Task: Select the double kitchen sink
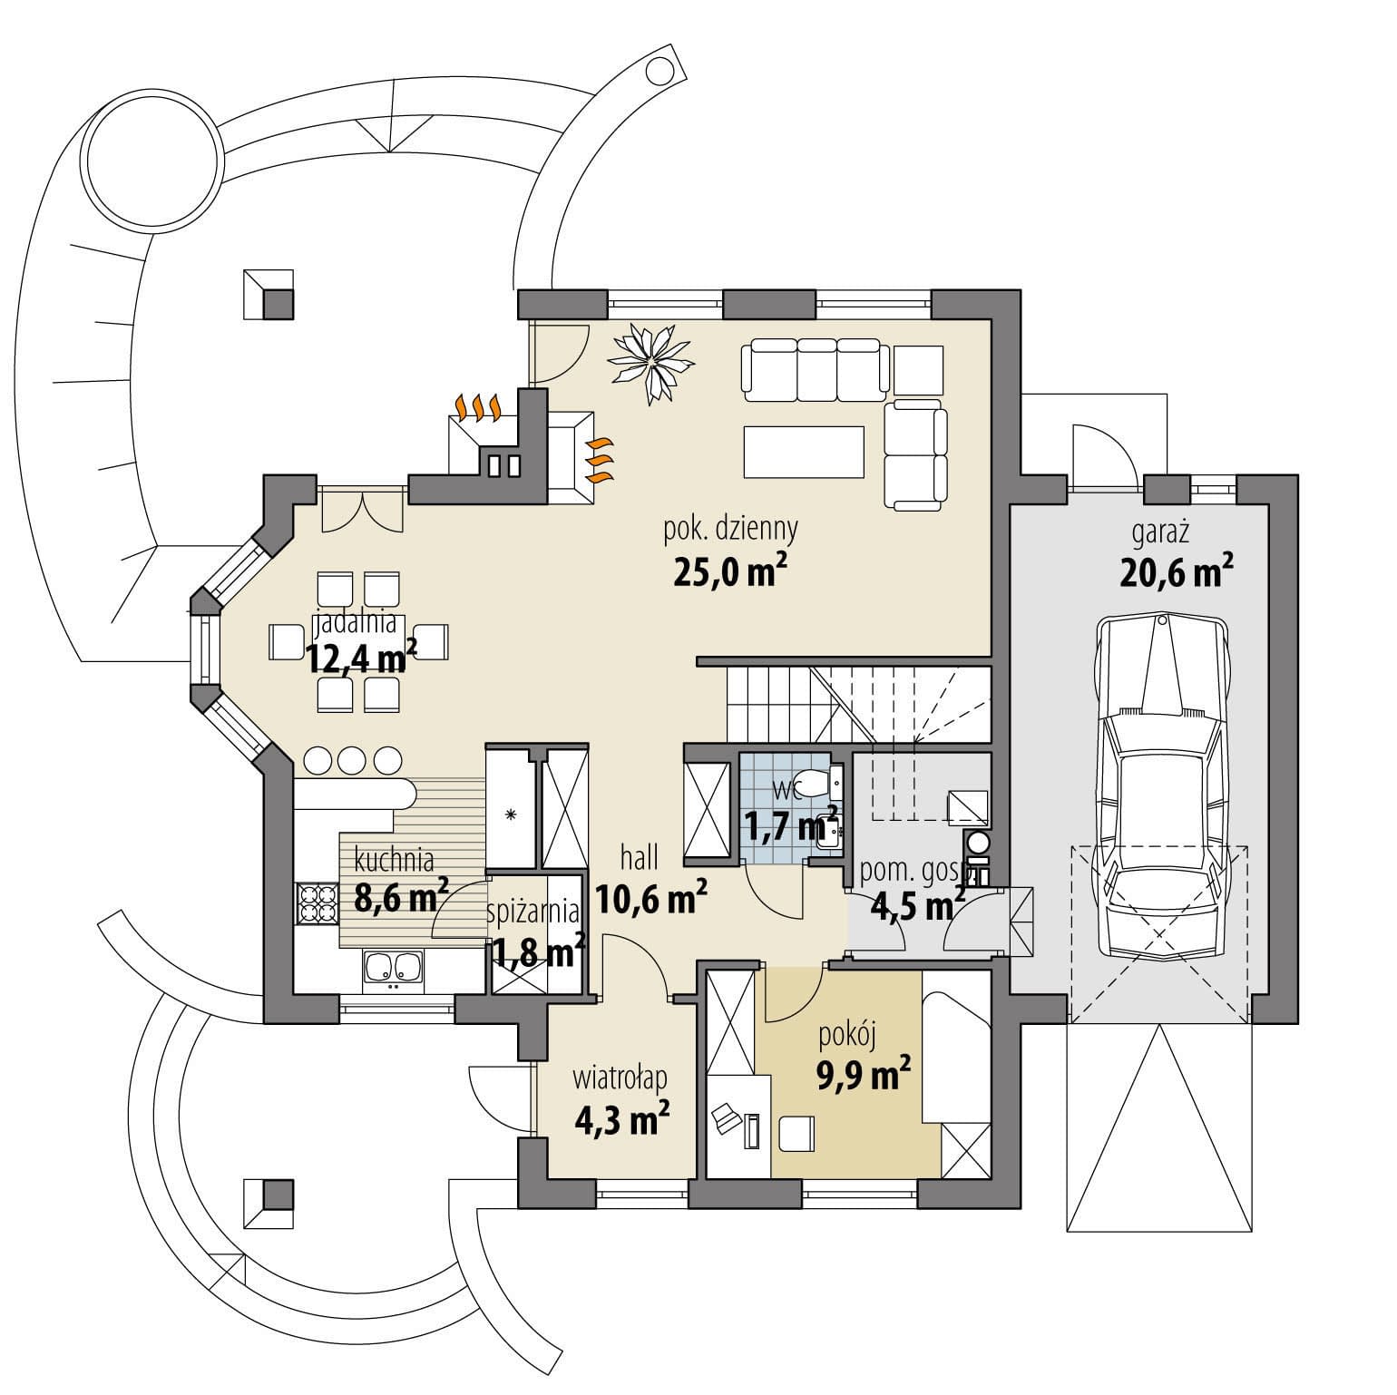(393, 968)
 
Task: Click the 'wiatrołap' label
(620, 1078)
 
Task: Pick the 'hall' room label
(640, 856)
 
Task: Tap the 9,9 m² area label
(864, 1076)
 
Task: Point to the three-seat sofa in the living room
(815, 369)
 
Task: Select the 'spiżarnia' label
(532, 911)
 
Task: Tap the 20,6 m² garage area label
(1177, 573)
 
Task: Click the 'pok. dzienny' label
(730, 529)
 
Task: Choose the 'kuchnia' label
(394, 858)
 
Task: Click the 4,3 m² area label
(622, 1119)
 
